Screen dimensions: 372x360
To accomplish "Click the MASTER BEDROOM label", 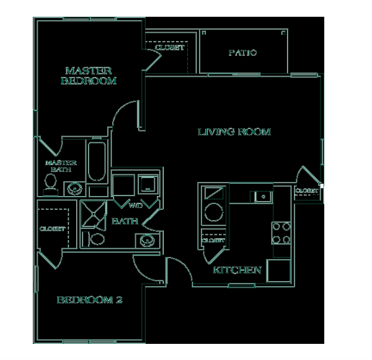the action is click(89, 76).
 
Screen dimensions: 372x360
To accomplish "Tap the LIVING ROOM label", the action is click(234, 132).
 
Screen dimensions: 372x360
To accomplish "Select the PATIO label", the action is click(242, 53).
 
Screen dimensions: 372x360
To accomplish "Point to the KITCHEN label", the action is click(237, 270).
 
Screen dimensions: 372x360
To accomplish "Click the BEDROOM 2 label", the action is click(90, 300).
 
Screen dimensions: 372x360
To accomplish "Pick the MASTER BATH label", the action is click(61, 166).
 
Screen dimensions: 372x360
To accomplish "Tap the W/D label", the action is click(136, 205).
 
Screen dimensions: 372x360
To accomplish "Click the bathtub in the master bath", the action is click(97, 161).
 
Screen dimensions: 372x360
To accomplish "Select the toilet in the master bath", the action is click(50, 185).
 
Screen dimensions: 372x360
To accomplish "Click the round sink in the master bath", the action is click(75, 189).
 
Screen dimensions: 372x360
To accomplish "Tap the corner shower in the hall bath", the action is click(94, 214).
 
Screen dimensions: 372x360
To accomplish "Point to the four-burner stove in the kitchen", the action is click(281, 233).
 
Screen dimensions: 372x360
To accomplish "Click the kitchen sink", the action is click(263, 197).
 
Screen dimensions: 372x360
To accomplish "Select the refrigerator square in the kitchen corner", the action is click(278, 271).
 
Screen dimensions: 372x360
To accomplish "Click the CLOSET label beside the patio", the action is click(170, 48).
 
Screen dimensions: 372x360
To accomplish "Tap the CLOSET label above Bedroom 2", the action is click(53, 228).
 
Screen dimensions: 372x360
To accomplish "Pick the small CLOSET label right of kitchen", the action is click(307, 191).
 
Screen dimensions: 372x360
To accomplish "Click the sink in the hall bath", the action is click(148, 241).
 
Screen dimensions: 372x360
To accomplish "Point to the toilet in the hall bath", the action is click(94, 239).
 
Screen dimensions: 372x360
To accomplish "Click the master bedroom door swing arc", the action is click(120, 108).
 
